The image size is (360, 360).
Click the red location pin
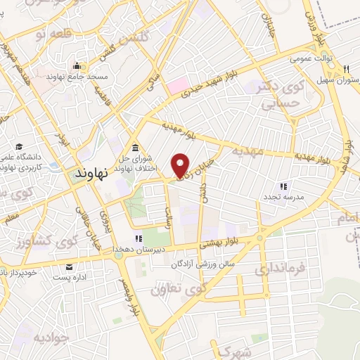click(181, 164)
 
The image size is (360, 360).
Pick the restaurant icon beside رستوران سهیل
click(347, 68)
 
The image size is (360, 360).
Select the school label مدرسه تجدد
click(283, 198)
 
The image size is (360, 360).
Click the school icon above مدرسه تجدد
click(283, 186)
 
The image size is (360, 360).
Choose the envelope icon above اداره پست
click(69, 266)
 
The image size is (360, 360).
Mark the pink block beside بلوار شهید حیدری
click(175, 87)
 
